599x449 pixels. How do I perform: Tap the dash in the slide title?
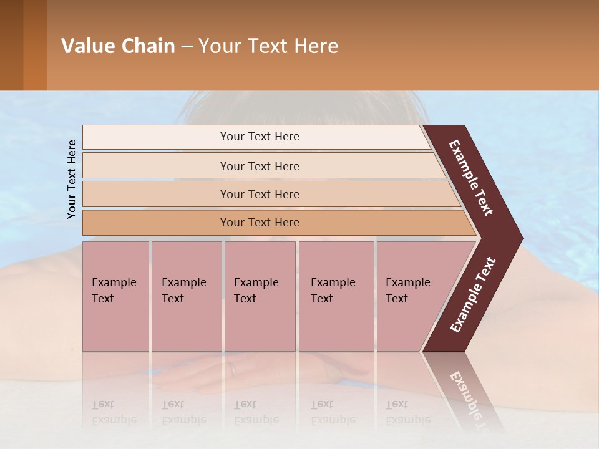point(187,46)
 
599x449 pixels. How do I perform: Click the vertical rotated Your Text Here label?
point(72,179)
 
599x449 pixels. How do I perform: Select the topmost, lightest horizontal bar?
point(256,137)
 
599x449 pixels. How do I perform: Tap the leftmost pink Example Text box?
point(115,296)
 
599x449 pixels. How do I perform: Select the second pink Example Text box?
point(187,296)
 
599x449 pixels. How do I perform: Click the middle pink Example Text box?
point(260,296)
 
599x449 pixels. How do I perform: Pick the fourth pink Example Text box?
point(336,296)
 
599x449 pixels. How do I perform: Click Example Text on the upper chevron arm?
point(471,178)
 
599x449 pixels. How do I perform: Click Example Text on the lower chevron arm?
point(473,295)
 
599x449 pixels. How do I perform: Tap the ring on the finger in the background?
point(233,369)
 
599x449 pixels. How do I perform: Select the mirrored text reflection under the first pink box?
point(114,412)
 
